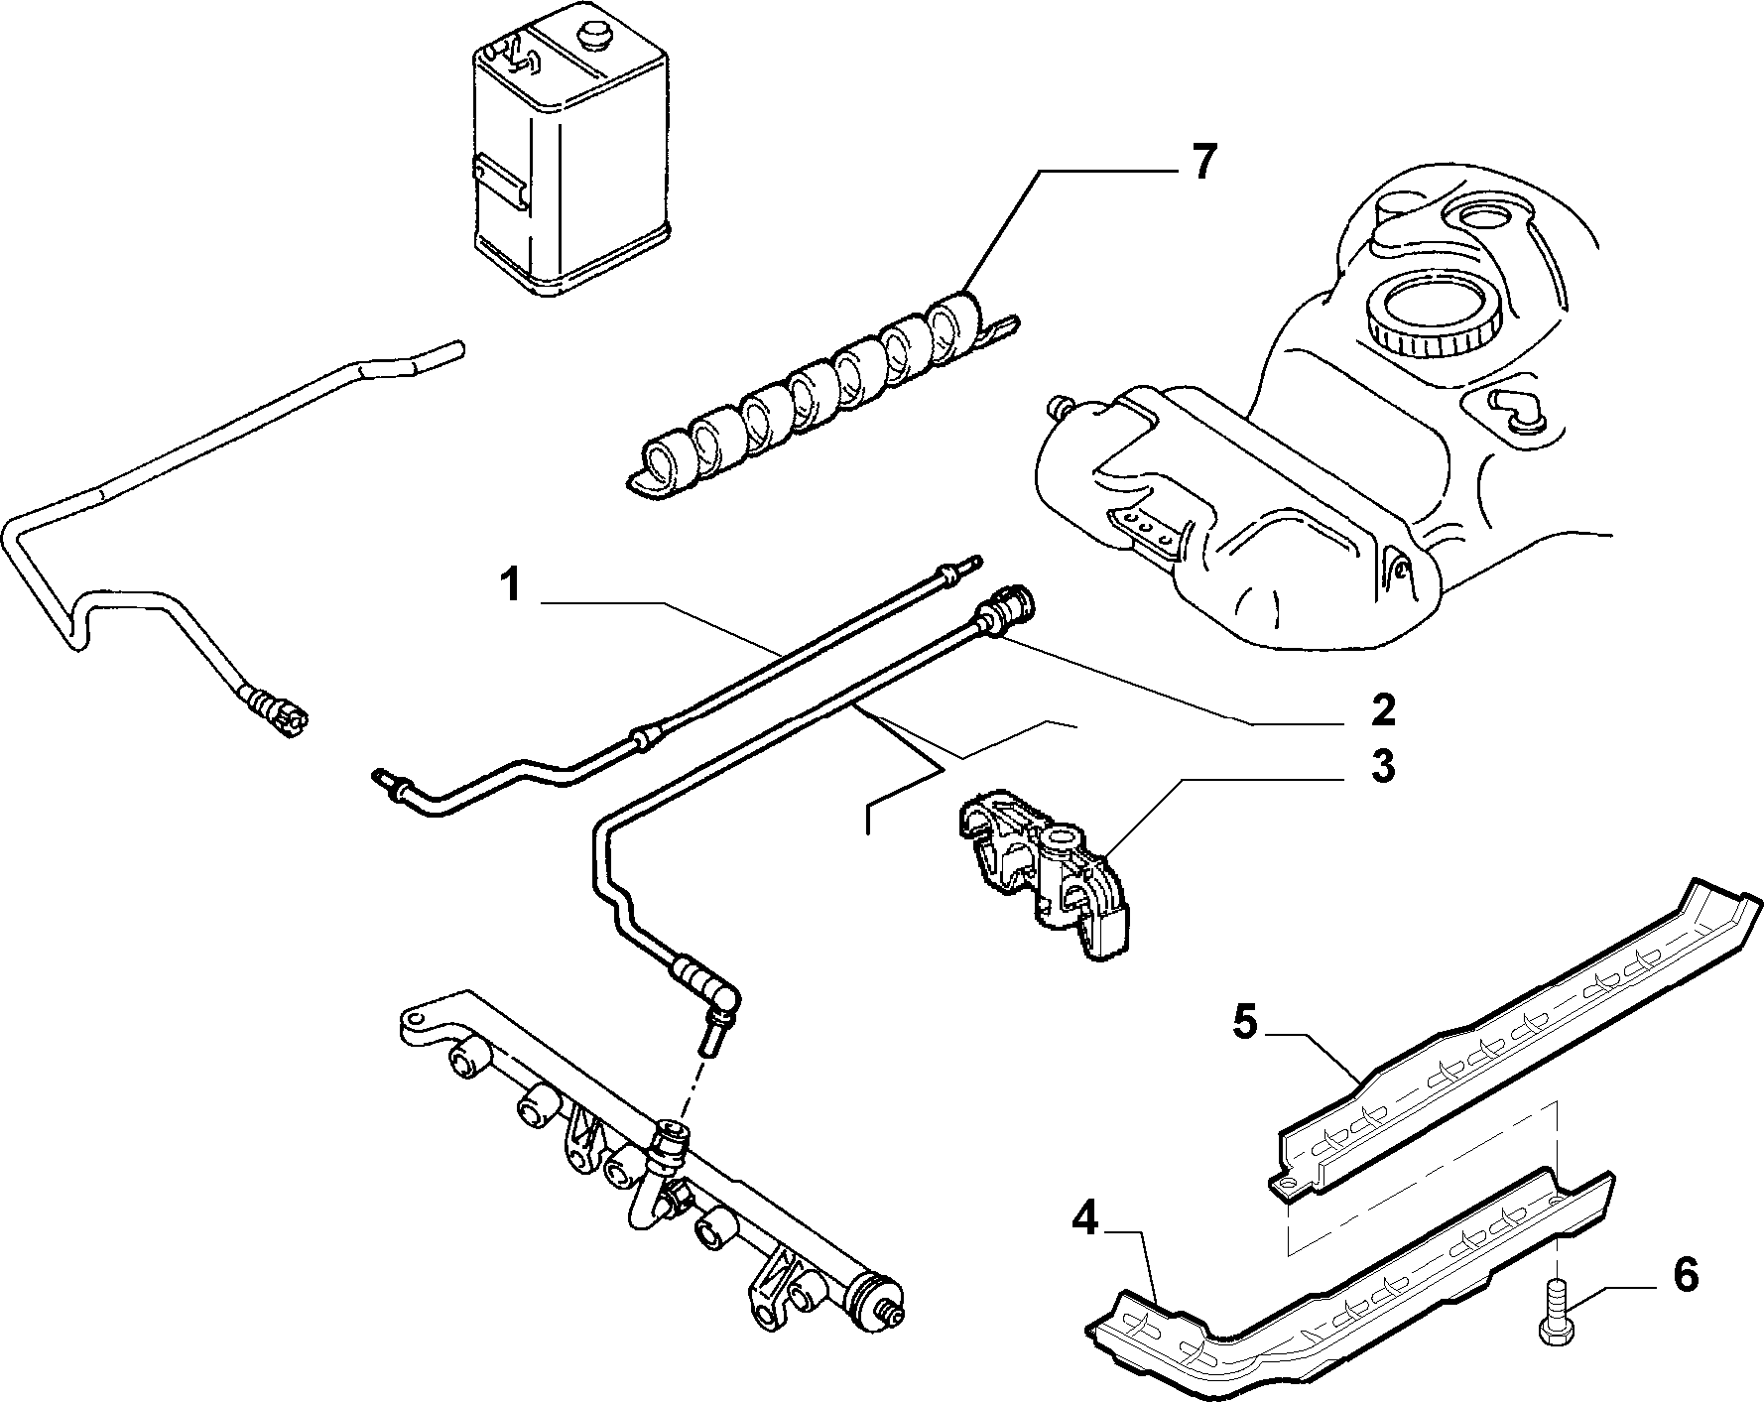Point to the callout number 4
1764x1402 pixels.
tap(1084, 1218)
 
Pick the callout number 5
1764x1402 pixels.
tap(1246, 1021)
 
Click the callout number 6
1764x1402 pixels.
tap(1685, 1274)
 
